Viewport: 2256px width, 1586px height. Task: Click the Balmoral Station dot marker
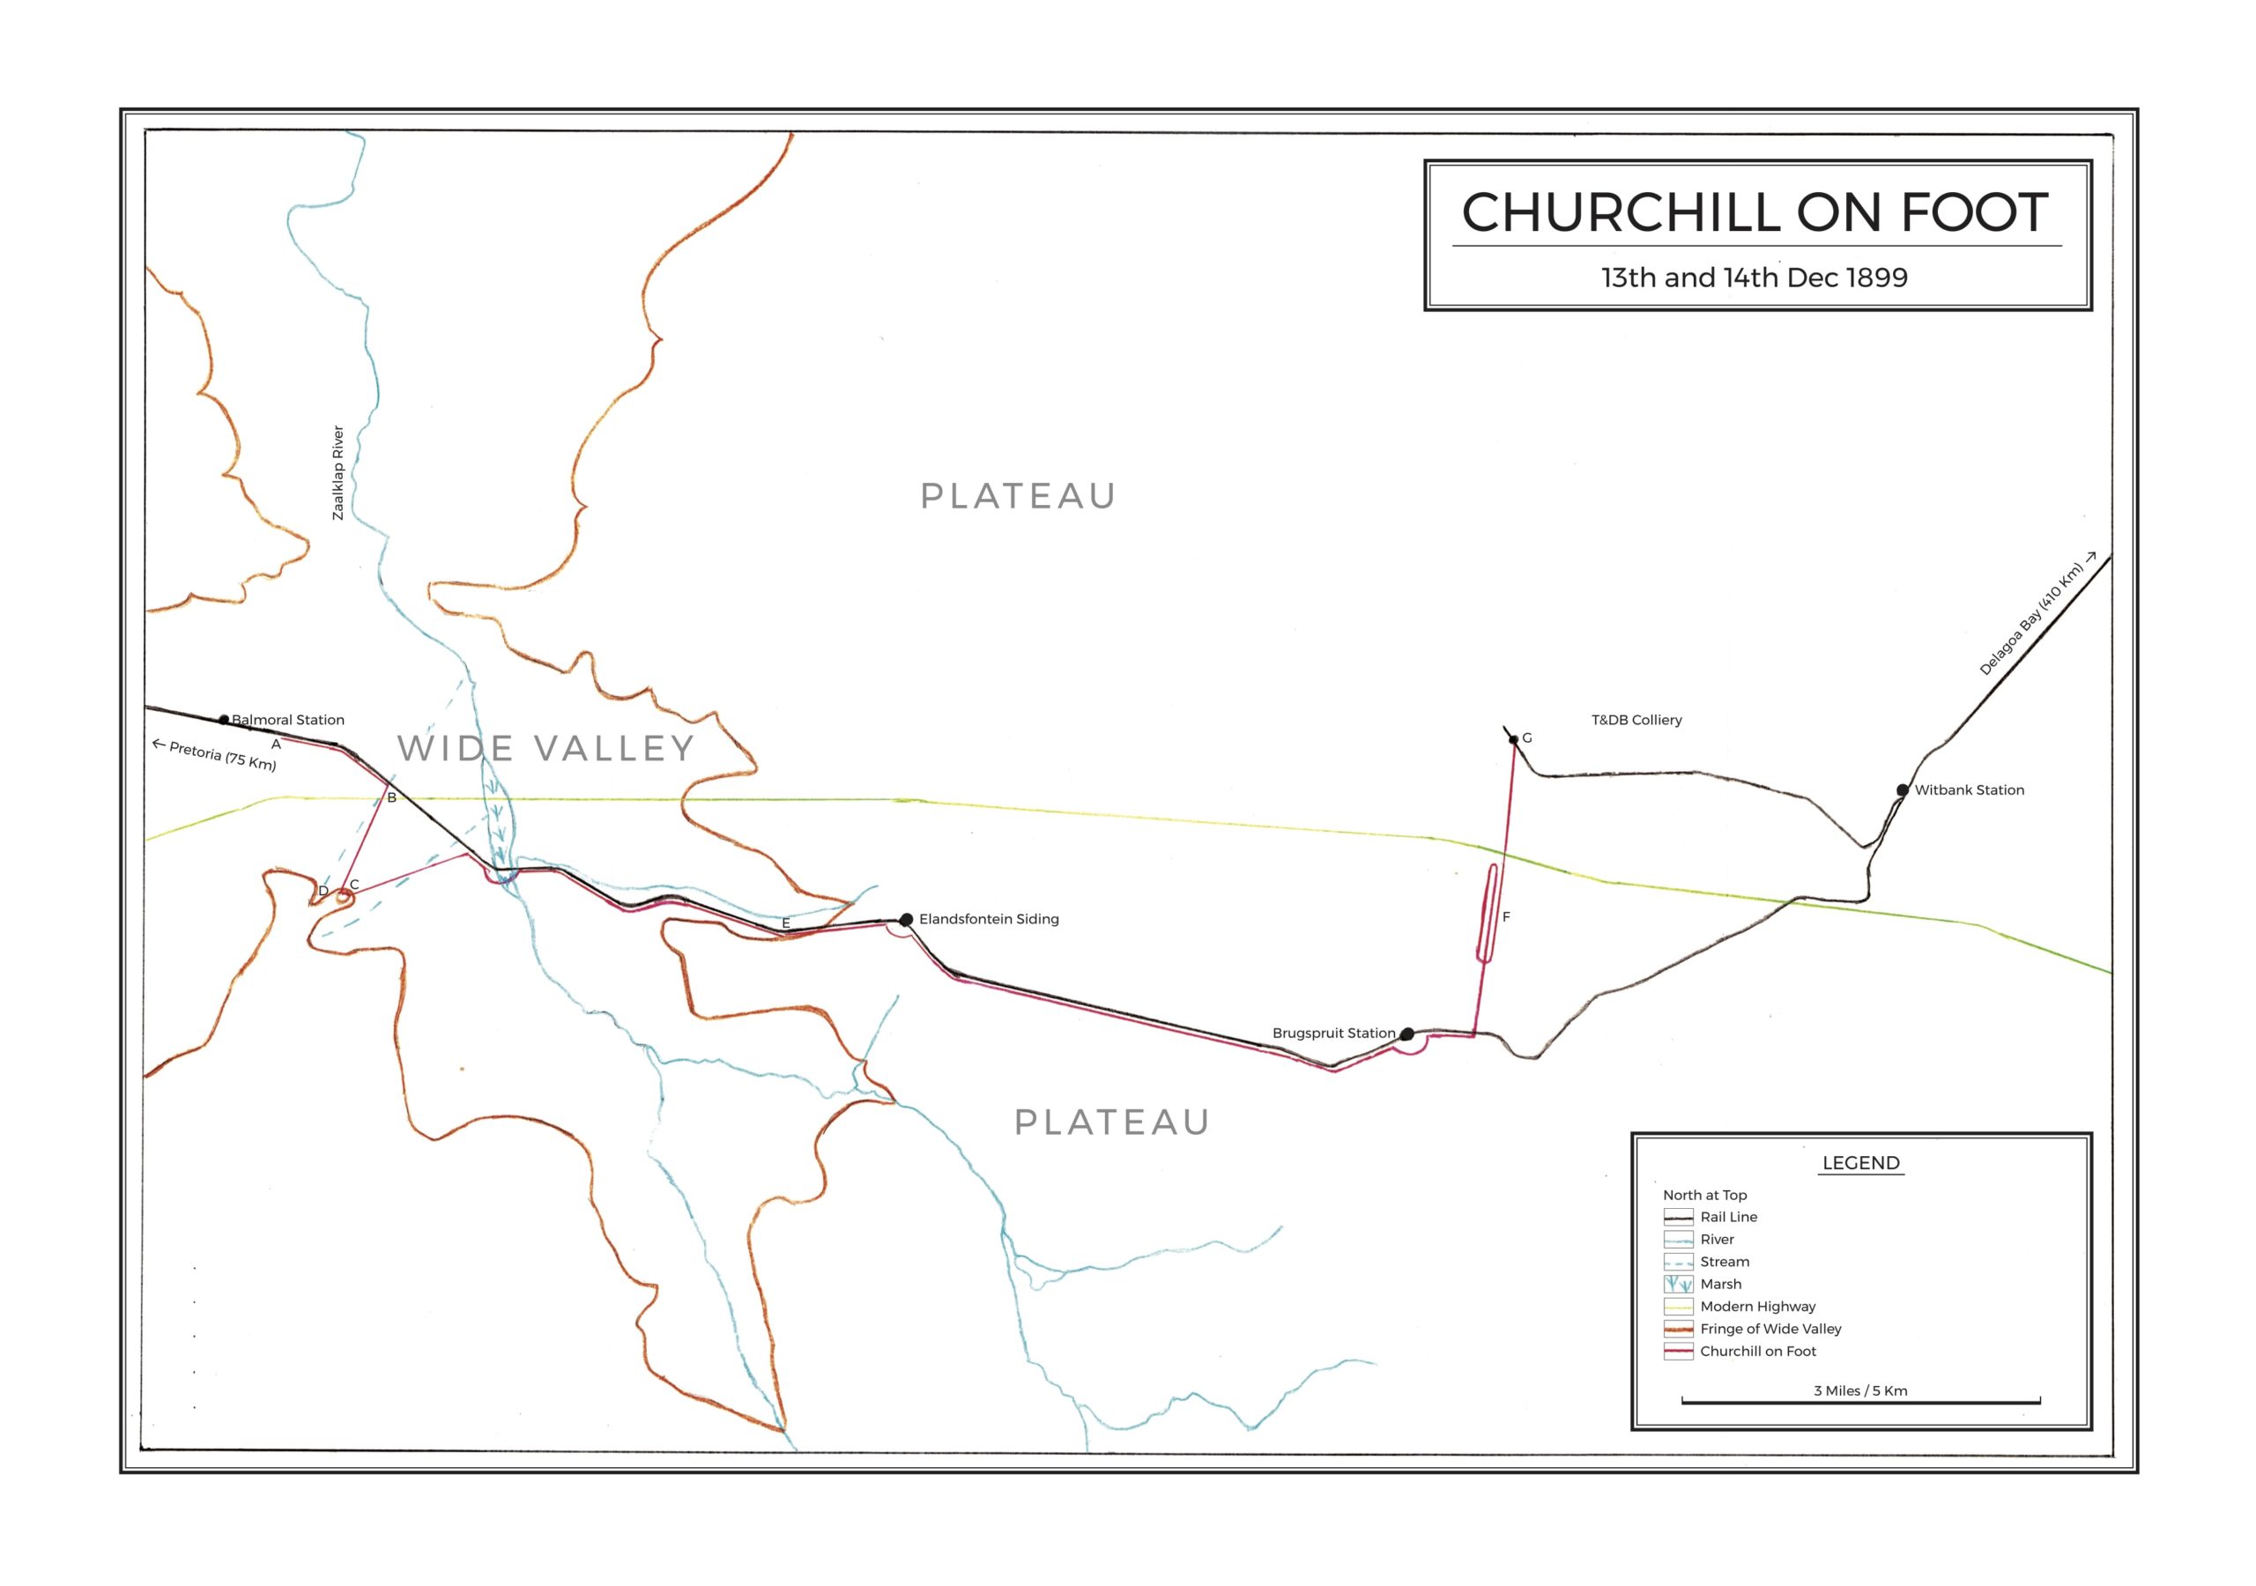click(223, 719)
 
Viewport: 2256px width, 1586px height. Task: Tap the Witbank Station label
click(1968, 790)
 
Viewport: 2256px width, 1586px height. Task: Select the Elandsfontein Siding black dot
click(906, 920)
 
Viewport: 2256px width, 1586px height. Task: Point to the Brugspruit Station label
click(1332, 1033)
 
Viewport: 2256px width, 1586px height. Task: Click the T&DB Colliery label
click(1636, 720)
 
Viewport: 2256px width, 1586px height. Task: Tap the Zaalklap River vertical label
click(338, 472)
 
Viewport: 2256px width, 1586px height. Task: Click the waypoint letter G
click(1527, 738)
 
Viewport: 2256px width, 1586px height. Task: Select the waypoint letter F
click(1505, 917)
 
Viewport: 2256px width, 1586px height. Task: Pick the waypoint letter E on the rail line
click(785, 923)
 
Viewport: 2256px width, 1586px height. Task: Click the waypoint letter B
click(391, 798)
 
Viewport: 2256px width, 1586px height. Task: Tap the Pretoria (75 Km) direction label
click(221, 755)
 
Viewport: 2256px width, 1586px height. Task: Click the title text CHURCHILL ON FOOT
click(1755, 212)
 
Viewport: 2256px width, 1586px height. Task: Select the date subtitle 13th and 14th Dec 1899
click(1754, 278)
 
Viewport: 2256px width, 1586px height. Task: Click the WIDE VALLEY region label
click(546, 749)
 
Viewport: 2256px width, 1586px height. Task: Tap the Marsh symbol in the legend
click(1678, 1285)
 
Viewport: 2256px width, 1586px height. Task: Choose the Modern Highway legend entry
click(1757, 1306)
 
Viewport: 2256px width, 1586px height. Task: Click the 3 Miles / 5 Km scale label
click(1860, 1390)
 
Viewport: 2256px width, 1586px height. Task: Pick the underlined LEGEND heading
click(1860, 1162)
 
